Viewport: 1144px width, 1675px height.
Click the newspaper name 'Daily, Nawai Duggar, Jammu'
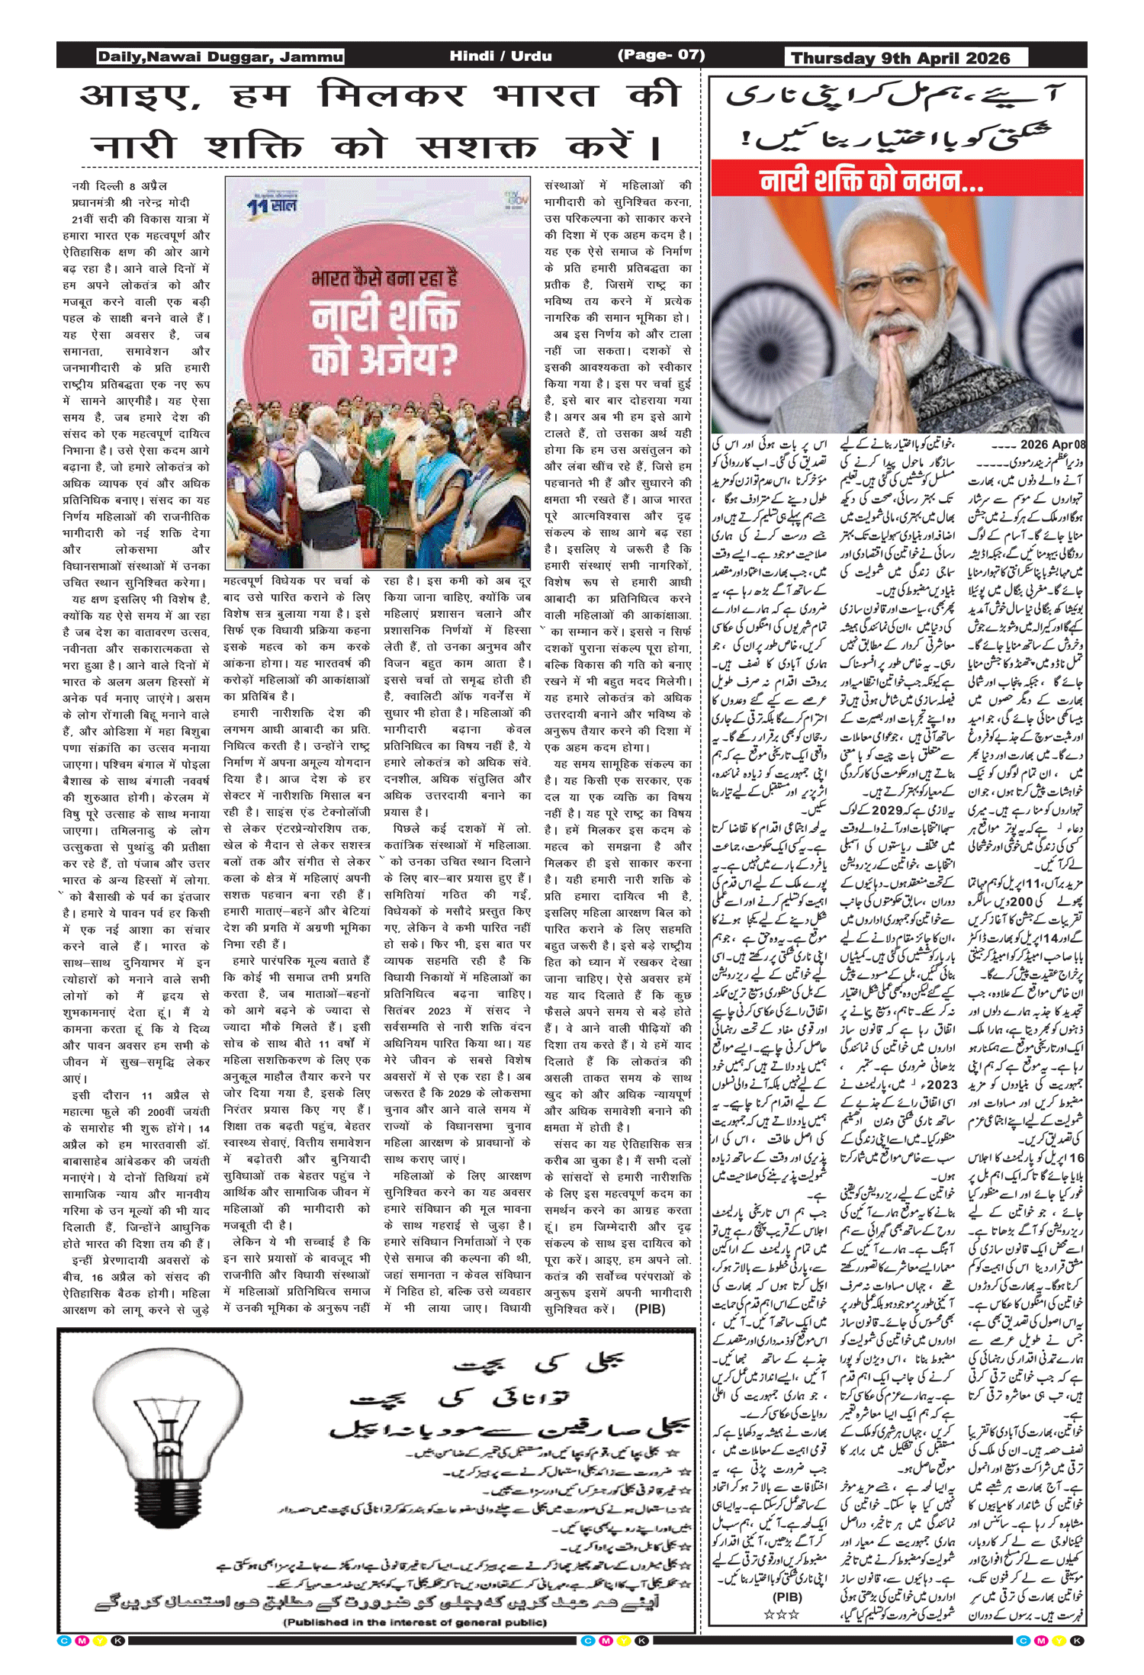pyautogui.click(x=220, y=56)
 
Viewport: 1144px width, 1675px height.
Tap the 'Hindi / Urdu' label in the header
pyautogui.click(x=500, y=56)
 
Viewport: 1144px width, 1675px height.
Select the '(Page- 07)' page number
pyautogui.click(x=660, y=55)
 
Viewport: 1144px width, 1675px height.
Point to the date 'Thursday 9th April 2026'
pyautogui.click(x=900, y=58)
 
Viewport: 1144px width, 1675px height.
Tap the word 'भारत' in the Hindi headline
pyautogui.click(x=545, y=97)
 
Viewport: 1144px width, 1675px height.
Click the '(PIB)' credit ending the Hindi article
pyautogui.click(x=650, y=1309)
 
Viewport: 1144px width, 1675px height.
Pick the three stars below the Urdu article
pyautogui.click(x=782, y=1614)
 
